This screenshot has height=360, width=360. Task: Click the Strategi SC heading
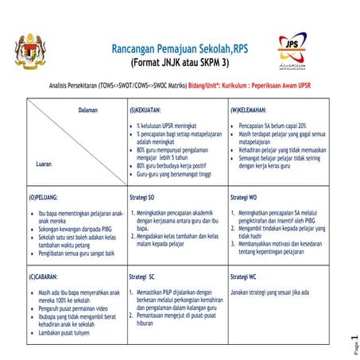pos(143,276)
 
